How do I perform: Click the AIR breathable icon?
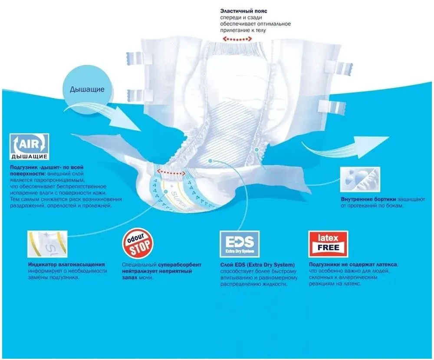(x=30, y=147)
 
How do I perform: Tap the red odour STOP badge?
(x=138, y=243)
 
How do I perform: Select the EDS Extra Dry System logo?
(x=240, y=244)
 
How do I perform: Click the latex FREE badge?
(x=328, y=244)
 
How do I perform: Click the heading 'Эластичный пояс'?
(x=243, y=11)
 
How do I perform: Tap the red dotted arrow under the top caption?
(x=237, y=39)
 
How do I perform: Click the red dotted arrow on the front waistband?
(x=171, y=173)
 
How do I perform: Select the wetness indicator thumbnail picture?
(x=47, y=244)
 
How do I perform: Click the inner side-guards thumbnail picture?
(x=360, y=179)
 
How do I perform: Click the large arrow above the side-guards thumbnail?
(x=345, y=147)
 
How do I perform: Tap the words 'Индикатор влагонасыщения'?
(x=66, y=264)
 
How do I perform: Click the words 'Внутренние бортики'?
(x=368, y=199)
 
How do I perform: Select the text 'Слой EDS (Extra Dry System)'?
(x=257, y=265)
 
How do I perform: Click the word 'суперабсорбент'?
(x=180, y=265)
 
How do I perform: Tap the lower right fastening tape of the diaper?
(x=332, y=107)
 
